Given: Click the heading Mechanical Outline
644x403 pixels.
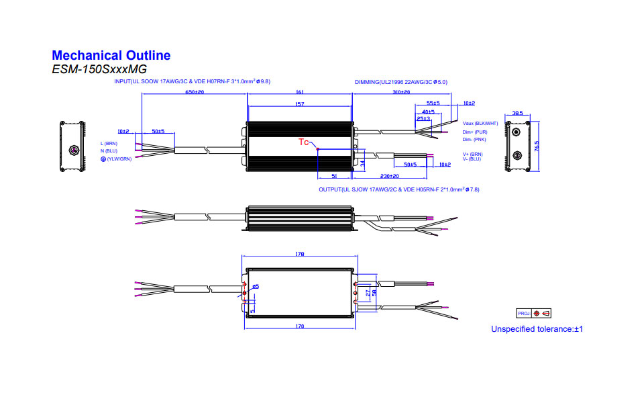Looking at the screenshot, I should tap(111, 56).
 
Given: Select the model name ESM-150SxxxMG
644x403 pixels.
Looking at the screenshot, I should tap(99, 69).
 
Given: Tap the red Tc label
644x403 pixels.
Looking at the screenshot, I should tap(303, 142).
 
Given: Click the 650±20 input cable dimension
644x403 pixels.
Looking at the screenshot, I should tap(195, 91).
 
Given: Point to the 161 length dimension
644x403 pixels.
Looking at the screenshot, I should tap(300, 91).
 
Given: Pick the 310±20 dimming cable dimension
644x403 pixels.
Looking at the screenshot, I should tap(402, 91).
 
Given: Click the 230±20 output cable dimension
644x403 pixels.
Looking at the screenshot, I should tap(380, 176).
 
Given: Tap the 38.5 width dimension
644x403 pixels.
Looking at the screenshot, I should tap(517, 114).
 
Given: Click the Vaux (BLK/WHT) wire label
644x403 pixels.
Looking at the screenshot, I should tap(480, 124).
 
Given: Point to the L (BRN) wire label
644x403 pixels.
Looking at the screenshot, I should tap(109, 144).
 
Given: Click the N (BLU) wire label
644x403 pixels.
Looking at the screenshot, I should tap(109, 151).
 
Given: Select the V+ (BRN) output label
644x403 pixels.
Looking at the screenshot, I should tap(473, 154).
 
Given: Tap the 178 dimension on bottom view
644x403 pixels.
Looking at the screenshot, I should tap(299, 255).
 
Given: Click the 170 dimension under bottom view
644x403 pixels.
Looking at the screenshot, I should tap(299, 326).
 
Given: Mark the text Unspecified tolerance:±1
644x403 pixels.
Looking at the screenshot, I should tap(537, 329).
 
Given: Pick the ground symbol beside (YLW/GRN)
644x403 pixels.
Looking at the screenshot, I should tap(103, 159).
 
